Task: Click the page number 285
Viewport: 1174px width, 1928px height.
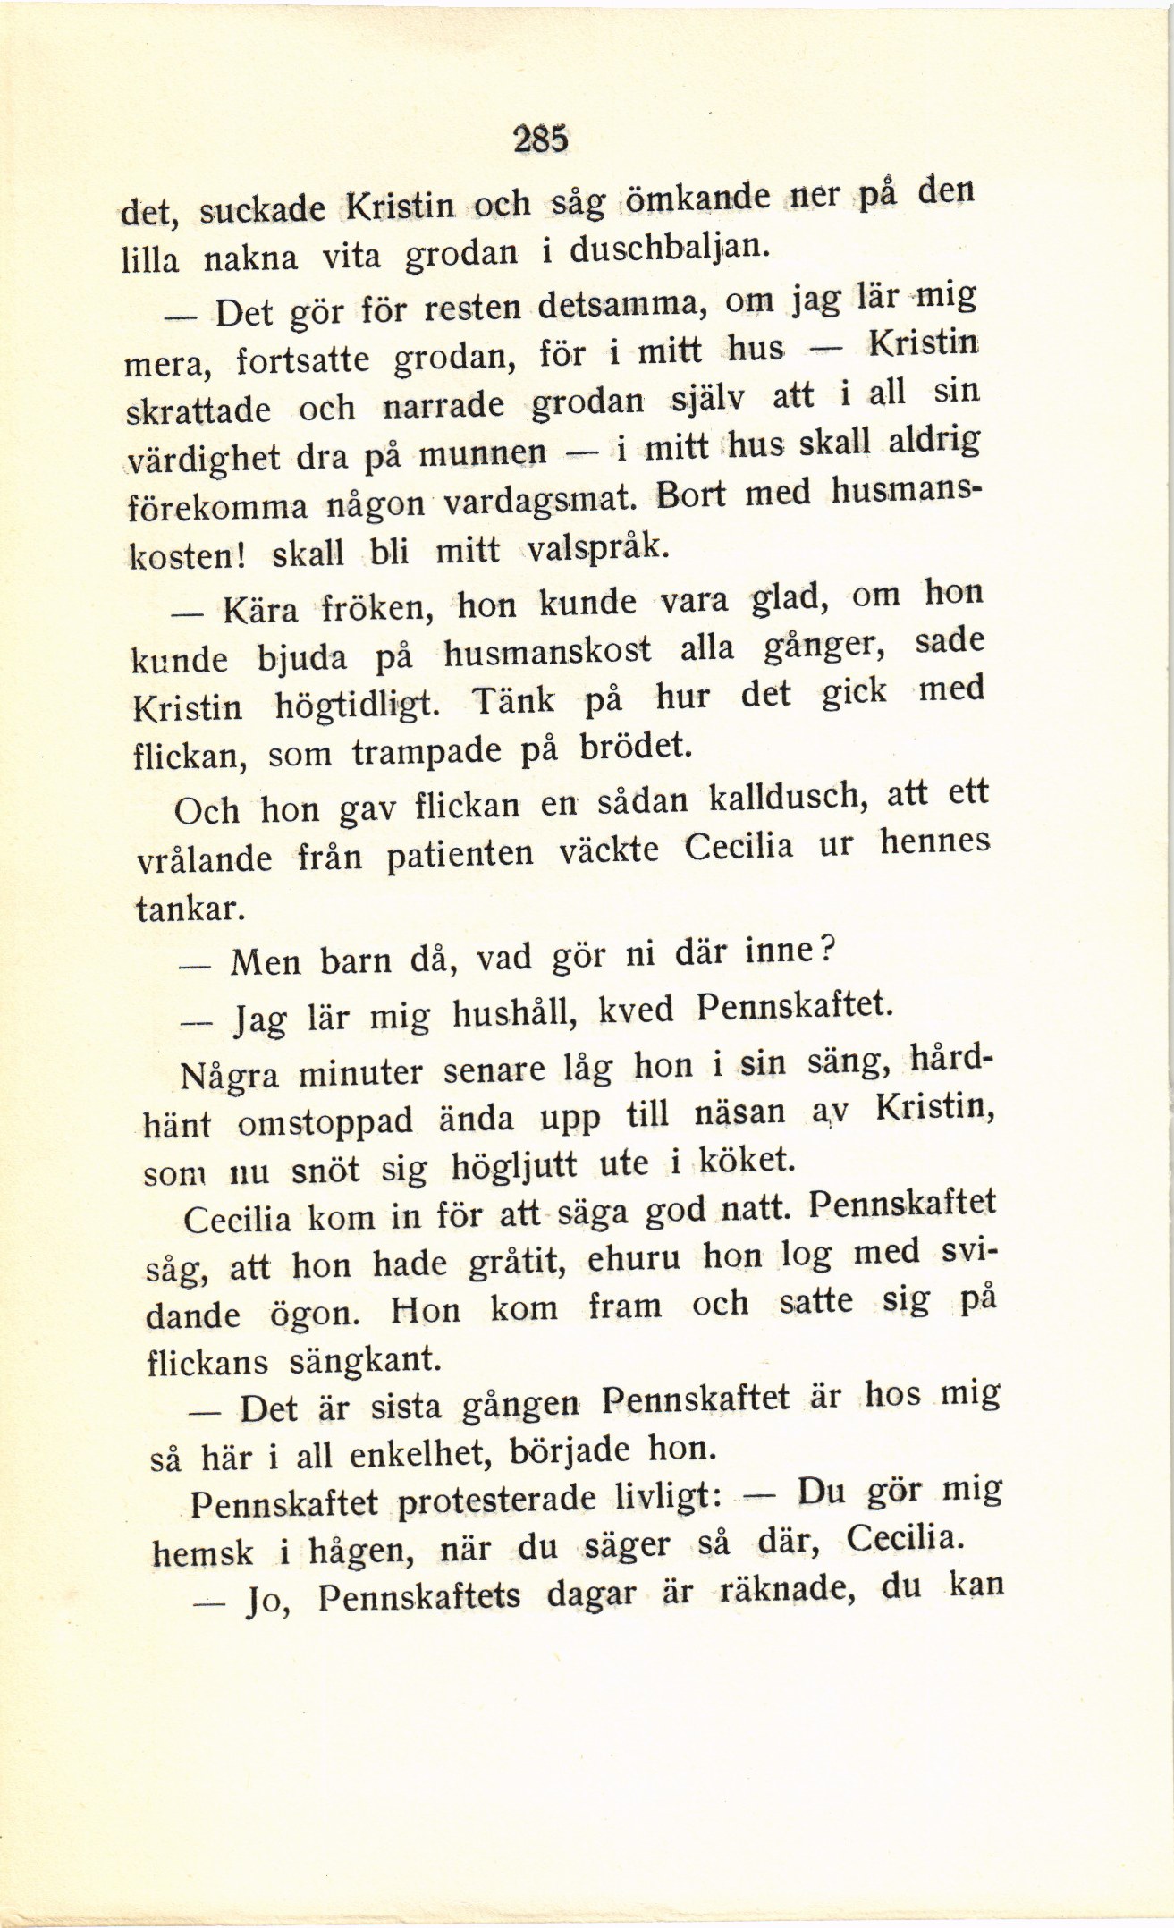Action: (x=541, y=139)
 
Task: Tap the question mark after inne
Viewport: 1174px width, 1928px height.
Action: (x=827, y=949)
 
